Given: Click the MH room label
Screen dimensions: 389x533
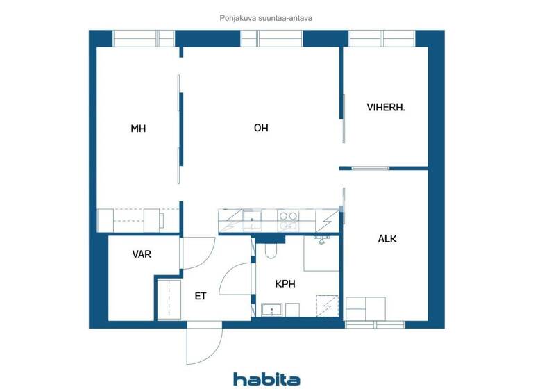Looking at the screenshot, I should [x=139, y=129].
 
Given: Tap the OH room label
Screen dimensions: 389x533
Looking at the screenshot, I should [x=261, y=128].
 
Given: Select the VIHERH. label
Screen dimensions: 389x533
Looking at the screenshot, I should [x=386, y=108].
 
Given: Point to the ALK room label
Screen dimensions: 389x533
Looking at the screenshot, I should [x=387, y=238].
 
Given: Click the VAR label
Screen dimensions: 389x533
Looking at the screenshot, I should [x=142, y=254].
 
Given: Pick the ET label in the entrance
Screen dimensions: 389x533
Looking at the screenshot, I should [x=201, y=296].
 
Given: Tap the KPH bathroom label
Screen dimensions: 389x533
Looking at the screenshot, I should [x=287, y=284].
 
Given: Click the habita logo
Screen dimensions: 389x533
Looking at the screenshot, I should [x=266, y=379].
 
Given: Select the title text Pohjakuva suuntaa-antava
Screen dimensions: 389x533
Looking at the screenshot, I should [x=266, y=19].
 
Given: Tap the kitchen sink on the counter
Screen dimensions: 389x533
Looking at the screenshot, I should [x=250, y=220].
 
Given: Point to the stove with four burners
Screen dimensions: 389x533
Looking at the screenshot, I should [x=287, y=220].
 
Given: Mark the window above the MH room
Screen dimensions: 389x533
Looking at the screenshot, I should [x=144, y=38].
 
